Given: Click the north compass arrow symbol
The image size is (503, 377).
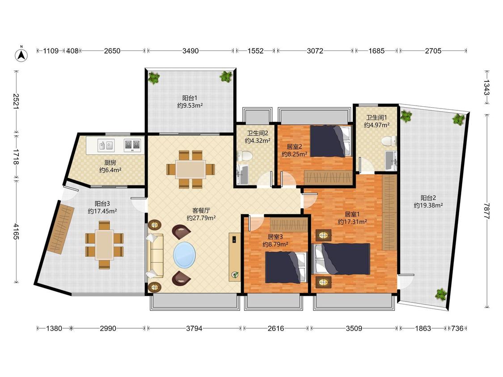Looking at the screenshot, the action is pos(21,54).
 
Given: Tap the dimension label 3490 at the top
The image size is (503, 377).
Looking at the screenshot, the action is pos(190,50).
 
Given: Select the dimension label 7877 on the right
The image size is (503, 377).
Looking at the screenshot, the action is pos(487,211).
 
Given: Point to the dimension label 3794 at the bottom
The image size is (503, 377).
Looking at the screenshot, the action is pos(194,328).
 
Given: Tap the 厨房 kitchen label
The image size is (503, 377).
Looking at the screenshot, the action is pos(110,163).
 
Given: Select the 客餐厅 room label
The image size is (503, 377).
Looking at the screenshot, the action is pos(201,211).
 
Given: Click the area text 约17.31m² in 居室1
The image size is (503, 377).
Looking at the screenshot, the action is pos(352,222).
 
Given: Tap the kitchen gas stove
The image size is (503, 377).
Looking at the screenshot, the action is pos(132,145).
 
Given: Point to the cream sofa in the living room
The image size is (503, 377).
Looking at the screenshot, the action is pos(155,256).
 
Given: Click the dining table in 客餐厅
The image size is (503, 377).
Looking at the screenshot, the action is pos(190,169).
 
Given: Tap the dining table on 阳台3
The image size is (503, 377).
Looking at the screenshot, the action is pos(104,245).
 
